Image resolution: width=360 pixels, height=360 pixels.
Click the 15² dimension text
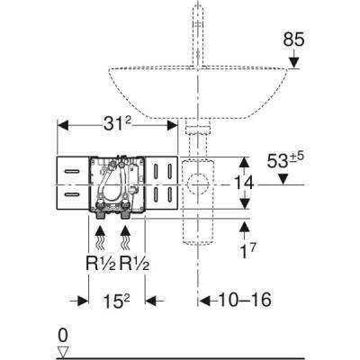[116, 300]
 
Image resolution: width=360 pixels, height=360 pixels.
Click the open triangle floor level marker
[63, 351]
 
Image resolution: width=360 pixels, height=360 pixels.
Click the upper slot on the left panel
[71, 170]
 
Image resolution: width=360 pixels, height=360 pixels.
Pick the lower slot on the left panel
[71, 193]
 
